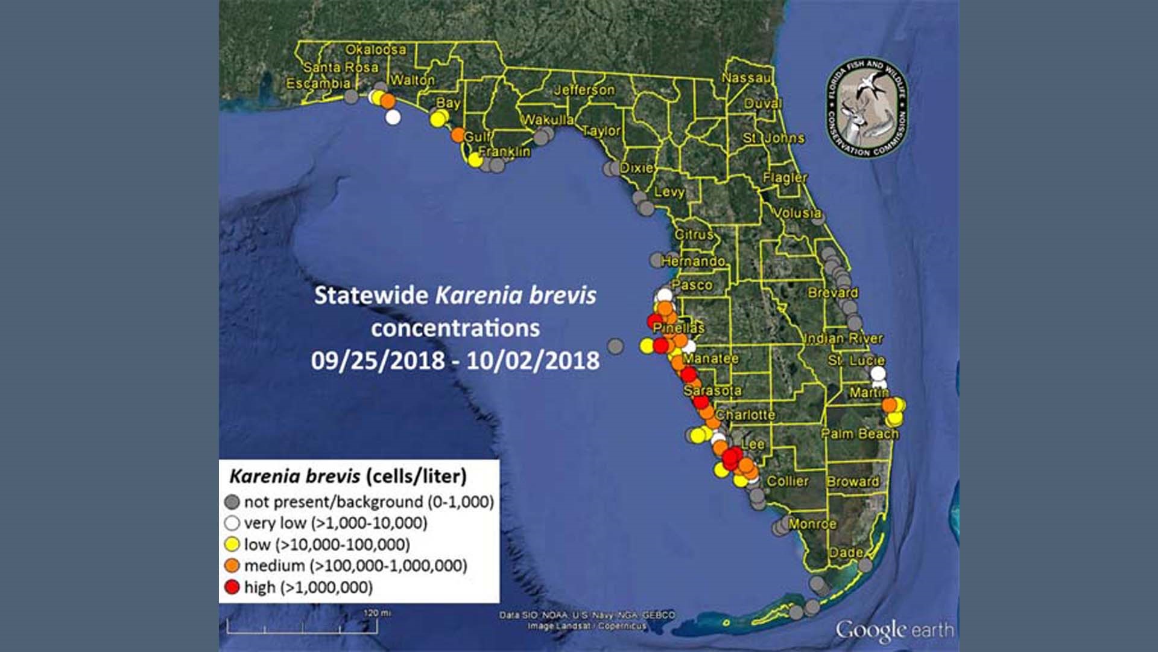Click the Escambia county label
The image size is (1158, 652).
coord(318,83)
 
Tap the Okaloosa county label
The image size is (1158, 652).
coord(375,50)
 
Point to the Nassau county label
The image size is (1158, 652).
coord(746,78)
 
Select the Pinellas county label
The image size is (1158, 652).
coord(679,328)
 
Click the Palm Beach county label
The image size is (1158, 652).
coord(859,433)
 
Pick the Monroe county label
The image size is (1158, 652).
coord(812,523)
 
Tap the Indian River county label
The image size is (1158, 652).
coord(843,338)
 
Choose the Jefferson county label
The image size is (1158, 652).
coord(584,90)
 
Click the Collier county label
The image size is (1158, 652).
coord(787,481)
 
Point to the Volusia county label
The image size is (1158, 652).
coord(797,213)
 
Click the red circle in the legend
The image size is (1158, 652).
coord(232,587)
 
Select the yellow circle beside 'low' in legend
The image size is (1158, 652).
coord(232,545)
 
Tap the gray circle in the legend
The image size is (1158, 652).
coord(232,502)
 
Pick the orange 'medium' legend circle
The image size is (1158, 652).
coord(232,566)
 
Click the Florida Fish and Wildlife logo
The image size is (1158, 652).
coord(867,109)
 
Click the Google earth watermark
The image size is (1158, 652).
coord(894,630)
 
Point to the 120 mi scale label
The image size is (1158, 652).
coord(377,613)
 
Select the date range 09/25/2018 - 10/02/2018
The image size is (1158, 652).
coord(455,360)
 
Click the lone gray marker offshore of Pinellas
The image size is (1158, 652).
coord(615,346)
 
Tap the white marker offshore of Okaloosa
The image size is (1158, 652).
coord(393,117)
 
